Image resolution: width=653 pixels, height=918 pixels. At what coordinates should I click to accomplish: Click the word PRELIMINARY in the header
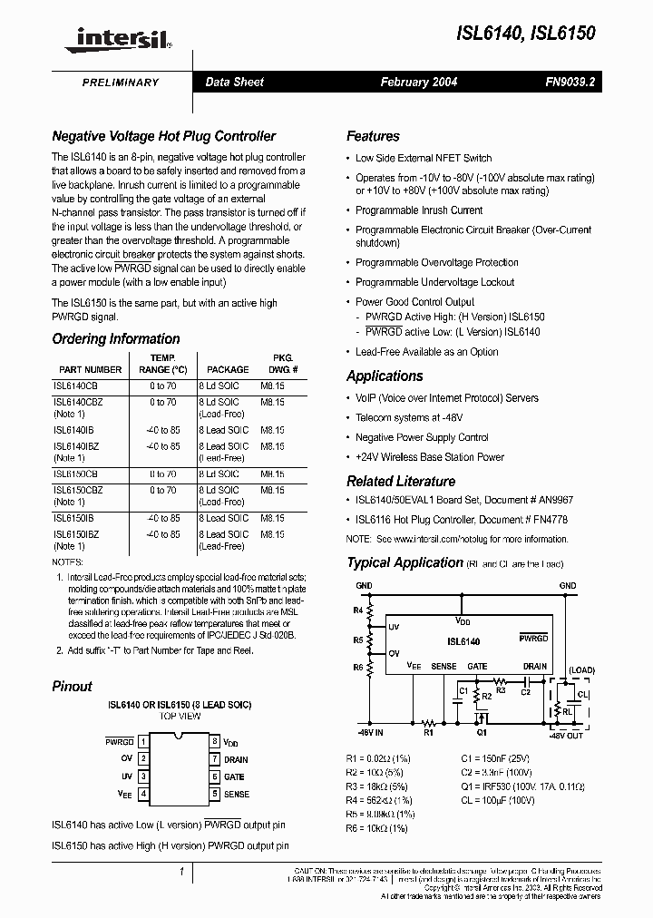(121, 83)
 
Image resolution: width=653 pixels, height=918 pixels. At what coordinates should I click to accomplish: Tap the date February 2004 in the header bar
(418, 83)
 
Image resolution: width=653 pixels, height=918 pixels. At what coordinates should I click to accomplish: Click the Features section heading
(373, 136)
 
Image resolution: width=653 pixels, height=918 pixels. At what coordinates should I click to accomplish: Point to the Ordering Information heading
(115, 338)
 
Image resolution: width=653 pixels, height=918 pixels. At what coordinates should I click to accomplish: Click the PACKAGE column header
(228, 370)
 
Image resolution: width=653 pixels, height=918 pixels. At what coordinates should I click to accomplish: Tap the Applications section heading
(385, 376)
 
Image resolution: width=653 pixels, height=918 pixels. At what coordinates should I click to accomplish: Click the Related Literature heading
(401, 482)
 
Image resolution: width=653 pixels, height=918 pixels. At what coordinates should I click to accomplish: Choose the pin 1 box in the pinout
(143, 741)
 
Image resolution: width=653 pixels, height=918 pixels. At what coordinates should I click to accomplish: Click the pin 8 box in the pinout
(214, 741)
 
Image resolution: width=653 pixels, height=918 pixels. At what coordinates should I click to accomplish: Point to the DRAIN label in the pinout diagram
(236, 759)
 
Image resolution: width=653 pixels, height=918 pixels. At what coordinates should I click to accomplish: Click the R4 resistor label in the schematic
(358, 611)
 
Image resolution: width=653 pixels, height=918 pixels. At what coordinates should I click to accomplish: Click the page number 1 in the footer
(182, 873)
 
